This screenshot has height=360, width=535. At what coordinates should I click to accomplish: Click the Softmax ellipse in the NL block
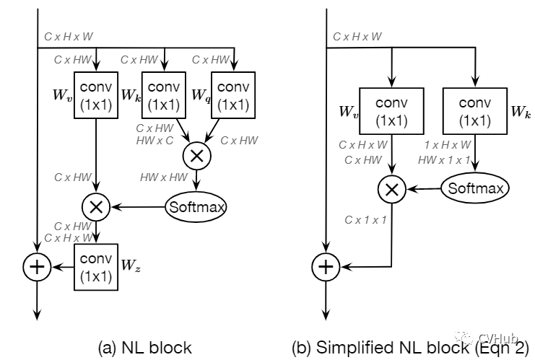196,207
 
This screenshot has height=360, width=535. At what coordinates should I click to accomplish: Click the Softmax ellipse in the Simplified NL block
474,189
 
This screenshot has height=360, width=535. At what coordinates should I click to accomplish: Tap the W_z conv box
96,267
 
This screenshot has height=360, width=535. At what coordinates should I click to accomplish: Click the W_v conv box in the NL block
96,95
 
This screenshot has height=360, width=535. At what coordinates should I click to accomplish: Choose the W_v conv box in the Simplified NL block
391,111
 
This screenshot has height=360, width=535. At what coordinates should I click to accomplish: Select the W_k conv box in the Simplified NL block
475,111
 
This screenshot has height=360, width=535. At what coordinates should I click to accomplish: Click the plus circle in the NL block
36,267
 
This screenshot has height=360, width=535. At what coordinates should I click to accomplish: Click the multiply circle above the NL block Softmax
196,155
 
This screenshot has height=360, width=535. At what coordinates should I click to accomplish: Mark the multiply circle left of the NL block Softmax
96,207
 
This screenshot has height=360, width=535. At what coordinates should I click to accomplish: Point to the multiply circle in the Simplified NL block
391,190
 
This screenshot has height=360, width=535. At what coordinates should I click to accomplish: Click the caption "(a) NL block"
144,347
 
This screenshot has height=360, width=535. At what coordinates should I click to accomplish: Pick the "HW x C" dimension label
155,140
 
